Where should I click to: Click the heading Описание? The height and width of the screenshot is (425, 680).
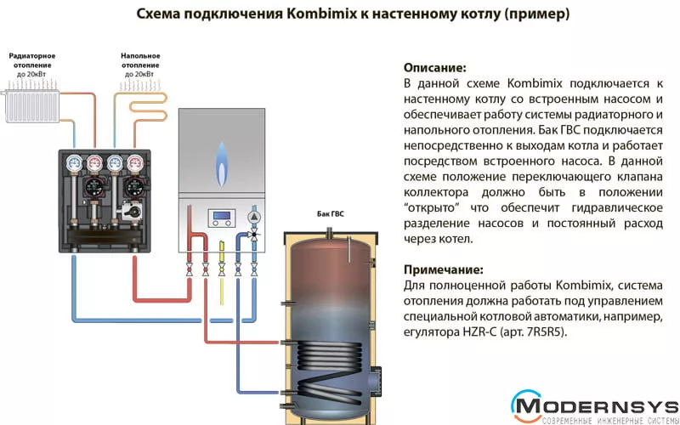435,68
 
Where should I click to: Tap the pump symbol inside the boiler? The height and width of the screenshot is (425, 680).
254,216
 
